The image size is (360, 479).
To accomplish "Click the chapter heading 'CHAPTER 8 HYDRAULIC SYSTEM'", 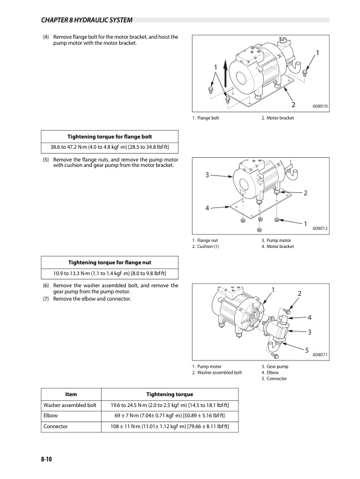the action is [x=87, y=20].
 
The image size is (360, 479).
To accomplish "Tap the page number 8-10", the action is [x=47, y=459].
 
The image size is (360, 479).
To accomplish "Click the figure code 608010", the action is [x=320, y=106].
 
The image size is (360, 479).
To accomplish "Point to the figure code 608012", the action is [x=320, y=228].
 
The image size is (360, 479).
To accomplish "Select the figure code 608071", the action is [x=320, y=354].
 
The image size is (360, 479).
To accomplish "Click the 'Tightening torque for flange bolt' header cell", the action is [x=110, y=137].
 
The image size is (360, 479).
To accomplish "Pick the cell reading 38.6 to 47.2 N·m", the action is [x=110, y=148].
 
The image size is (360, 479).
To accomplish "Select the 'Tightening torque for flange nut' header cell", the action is [x=110, y=262].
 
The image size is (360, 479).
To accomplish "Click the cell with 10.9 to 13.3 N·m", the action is [x=110, y=273].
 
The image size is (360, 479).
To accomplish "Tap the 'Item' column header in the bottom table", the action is [x=71, y=394].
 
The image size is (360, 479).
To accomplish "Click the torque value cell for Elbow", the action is [x=169, y=415].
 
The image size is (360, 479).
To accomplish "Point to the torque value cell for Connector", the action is [x=169, y=426].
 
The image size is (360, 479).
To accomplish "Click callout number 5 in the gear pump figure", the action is [x=307, y=350].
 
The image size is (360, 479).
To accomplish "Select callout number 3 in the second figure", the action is [x=207, y=175].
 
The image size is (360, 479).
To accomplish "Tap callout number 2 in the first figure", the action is [x=293, y=105].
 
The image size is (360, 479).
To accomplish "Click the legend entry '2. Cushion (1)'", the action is [x=206, y=247].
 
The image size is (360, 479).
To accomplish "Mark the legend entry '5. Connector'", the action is [x=274, y=379].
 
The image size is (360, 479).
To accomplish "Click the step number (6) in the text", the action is [x=45, y=285].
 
